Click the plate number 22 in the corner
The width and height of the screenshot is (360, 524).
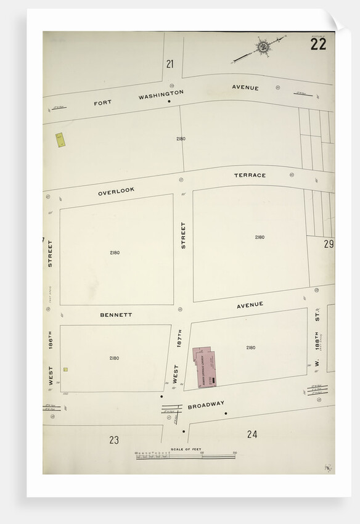click(x=319, y=44)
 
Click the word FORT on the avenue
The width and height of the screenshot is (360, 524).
click(x=103, y=102)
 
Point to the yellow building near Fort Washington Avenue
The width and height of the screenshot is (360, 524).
click(x=60, y=140)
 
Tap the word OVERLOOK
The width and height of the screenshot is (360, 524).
click(x=116, y=192)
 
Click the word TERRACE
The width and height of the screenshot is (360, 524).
click(x=250, y=175)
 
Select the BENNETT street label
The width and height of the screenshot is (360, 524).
click(x=116, y=314)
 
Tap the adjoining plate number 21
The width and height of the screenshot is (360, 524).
click(x=170, y=63)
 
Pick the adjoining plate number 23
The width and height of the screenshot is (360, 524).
click(x=114, y=440)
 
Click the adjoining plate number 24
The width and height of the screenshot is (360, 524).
click(x=252, y=435)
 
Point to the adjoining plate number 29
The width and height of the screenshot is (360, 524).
click(x=329, y=244)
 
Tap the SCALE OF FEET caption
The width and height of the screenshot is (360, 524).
click(x=186, y=449)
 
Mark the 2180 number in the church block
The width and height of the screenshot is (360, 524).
click(x=250, y=348)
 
